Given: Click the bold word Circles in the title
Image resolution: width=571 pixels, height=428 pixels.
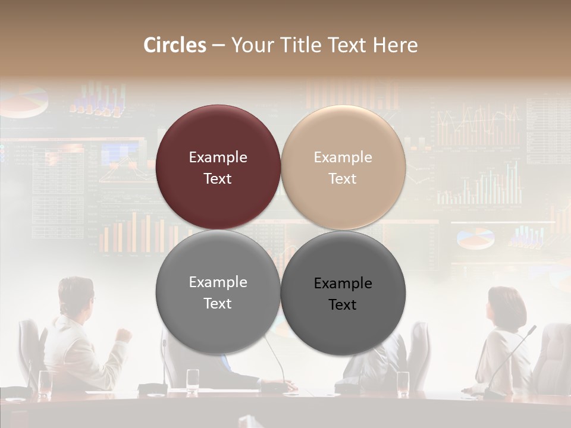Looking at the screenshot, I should coord(175,45).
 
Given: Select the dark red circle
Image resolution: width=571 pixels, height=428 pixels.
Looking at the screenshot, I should coord(218,167).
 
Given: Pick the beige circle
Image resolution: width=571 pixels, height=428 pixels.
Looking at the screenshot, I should coord(343,167).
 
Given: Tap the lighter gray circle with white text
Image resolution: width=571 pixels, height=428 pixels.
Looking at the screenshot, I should coord(218,292).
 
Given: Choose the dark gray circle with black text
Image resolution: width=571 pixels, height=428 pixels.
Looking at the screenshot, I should coord(343,293).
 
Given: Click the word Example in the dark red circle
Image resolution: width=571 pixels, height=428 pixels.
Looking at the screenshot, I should coord(218,158).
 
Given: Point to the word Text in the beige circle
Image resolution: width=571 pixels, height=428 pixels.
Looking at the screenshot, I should coord(343,179).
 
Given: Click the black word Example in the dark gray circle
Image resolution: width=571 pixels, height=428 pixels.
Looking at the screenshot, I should coord(343,284).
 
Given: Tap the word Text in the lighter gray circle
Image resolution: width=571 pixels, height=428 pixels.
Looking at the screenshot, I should coord(218,304).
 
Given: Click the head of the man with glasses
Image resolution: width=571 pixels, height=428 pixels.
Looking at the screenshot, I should coord(76,296).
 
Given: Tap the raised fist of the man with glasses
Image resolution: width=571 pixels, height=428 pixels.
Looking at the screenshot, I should coord(124,334).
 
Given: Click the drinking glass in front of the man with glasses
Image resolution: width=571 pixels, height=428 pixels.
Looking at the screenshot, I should coord(45,383).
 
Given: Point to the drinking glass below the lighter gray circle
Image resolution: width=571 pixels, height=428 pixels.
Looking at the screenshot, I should coord(193,380).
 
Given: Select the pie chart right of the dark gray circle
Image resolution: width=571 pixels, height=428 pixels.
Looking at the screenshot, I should coord(475,238).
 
